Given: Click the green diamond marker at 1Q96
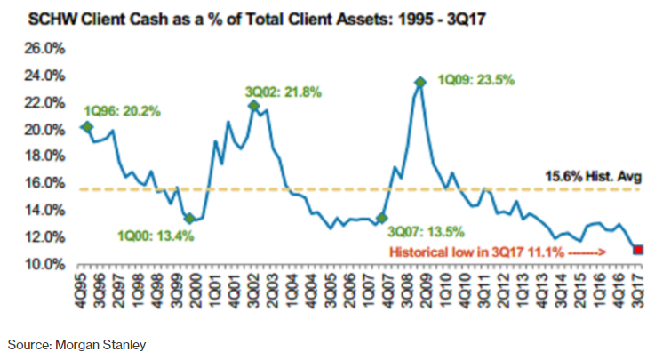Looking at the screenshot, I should (86, 127).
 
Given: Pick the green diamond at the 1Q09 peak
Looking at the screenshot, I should (420, 83).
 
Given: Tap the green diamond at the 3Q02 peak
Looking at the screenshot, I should (254, 106).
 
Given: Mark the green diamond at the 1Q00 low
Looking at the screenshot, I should (189, 218).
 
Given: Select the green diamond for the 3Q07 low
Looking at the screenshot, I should (382, 218).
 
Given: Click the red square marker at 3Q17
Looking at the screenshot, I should (638, 250).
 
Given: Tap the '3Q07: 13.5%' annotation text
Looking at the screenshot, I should (428, 232).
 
